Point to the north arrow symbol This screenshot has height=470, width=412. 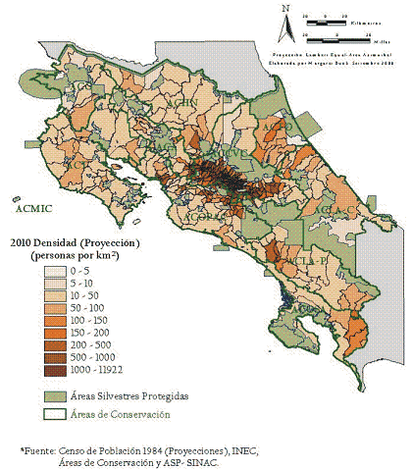tap(283, 26)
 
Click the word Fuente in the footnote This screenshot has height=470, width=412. tap(43, 449)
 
